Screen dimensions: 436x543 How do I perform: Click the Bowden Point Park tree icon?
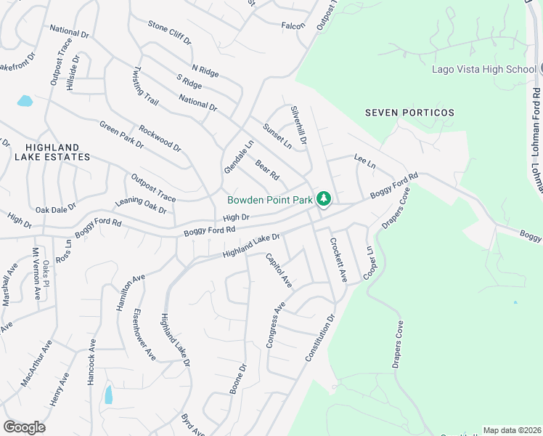(x=324, y=198)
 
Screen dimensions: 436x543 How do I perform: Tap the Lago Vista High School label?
(x=483, y=70)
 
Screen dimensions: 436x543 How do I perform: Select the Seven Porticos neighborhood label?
(x=409, y=113)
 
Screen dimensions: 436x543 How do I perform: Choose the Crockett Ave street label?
(x=338, y=259)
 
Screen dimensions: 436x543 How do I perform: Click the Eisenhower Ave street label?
(x=144, y=334)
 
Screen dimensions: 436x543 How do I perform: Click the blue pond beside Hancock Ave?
(x=109, y=395)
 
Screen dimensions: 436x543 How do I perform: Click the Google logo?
(x=24, y=427)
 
